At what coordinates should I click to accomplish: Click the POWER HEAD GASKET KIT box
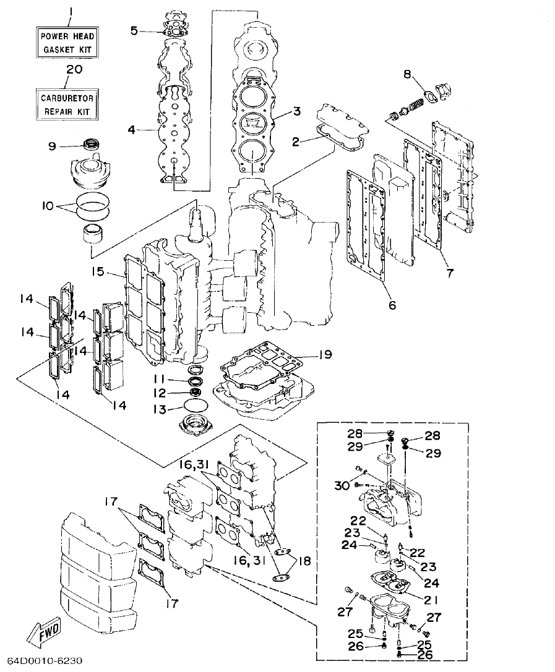tap(67, 42)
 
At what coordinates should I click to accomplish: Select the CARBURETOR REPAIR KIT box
tap(67, 104)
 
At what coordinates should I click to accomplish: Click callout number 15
tap(97, 272)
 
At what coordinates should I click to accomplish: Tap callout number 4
tap(131, 130)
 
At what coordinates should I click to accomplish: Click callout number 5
tap(134, 30)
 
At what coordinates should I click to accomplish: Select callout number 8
tap(407, 74)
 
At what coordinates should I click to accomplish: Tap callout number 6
tap(392, 305)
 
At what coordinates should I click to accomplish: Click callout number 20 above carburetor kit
tap(74, 70)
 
